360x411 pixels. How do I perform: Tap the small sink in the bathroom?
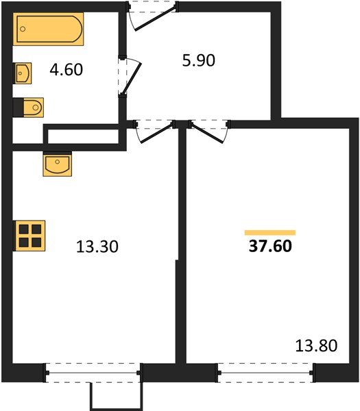point(22,72)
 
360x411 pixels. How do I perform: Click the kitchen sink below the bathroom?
point(57,165)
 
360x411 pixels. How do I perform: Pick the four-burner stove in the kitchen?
point(29,236)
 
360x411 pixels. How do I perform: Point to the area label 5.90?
point(199,61)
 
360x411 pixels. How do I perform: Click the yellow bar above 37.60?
point(269,233)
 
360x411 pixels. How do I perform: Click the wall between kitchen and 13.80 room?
point(182,247)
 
